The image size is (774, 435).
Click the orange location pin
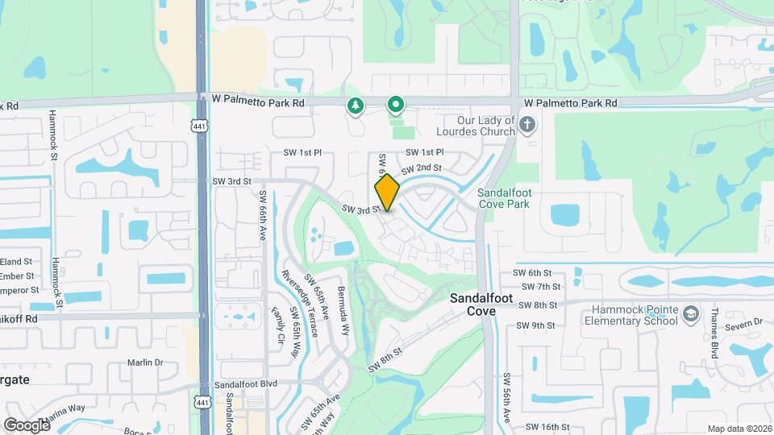tap(387, 193)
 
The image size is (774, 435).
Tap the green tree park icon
tap(354, 106)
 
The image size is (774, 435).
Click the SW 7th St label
tap(541, 286)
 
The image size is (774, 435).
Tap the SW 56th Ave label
tap(507, 398)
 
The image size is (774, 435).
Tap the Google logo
tap(27, 425)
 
